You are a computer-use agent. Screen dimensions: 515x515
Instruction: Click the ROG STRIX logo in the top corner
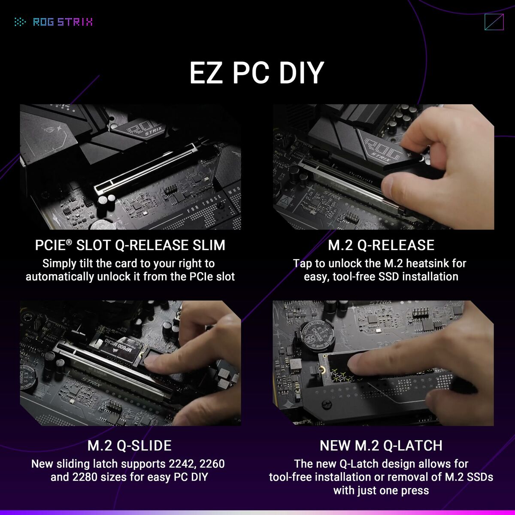coord(54,22)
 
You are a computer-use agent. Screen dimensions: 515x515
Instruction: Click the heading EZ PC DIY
coord(257,73)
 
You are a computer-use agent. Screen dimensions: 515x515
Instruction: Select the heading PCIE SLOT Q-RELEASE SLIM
coord(130,245)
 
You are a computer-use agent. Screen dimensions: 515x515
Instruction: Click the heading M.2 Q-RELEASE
coord(381,245)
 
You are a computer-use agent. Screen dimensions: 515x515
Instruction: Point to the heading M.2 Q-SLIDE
coord(130,445)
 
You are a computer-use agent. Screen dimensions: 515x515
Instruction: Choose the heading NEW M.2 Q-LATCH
coord(381,445)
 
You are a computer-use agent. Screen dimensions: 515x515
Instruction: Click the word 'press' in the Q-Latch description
coord(413,490)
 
